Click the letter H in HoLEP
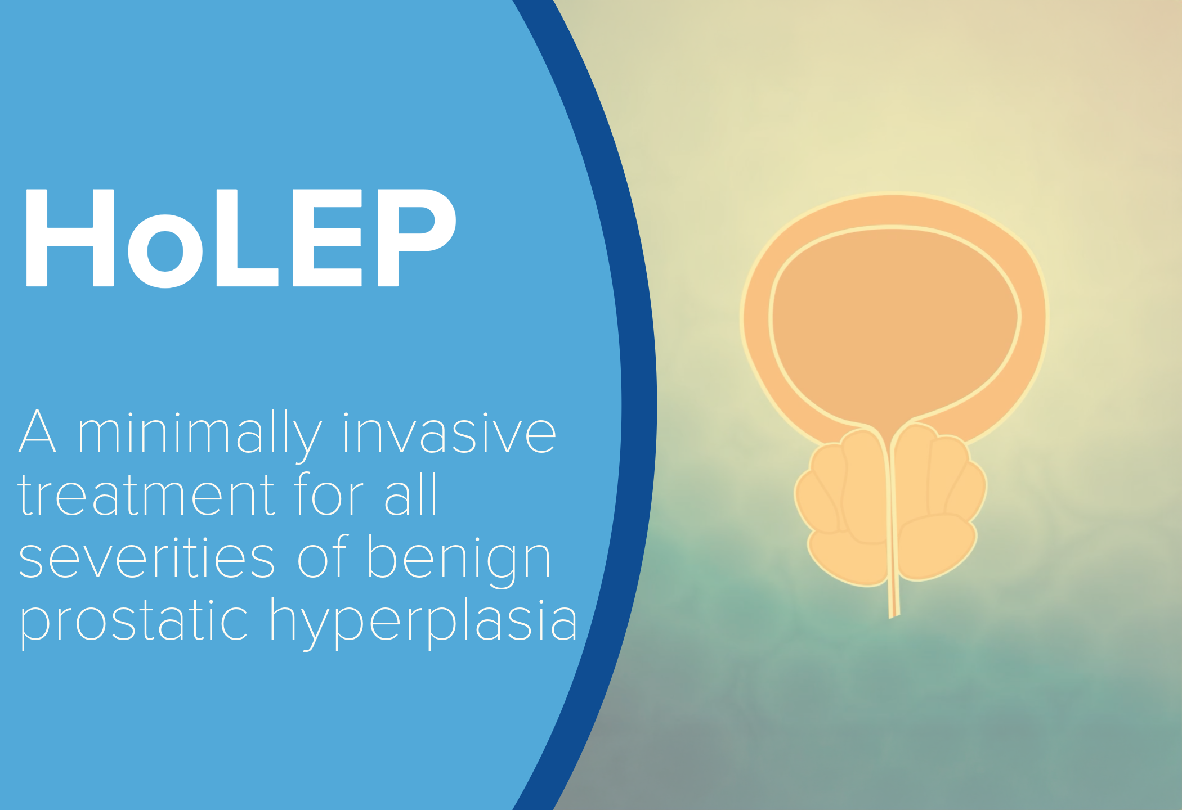[x=70, y=237]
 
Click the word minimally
[x=200, y=434]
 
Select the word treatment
[x=146, y=495]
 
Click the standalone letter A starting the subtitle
[x=38, y=432]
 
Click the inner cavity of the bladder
[x=895, y=326]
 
